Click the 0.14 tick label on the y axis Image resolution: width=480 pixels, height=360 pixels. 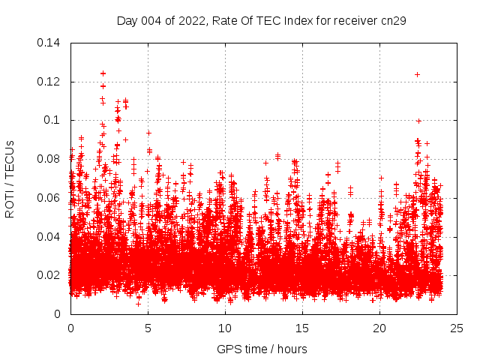click(x=49, y=43)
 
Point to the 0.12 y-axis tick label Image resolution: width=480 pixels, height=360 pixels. click(x=49, y=82)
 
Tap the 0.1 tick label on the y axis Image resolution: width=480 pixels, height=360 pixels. click(x=55, y=120)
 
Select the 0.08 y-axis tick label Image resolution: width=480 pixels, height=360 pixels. click(x=49, y=159)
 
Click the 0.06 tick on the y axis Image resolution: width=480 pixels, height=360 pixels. click(x=49, y=198)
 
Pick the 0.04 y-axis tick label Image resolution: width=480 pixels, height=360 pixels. click(x=49, y=236)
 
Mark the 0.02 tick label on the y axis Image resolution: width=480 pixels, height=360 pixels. click(x=49, y=275)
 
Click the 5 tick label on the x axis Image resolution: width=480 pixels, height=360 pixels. click(x=148, y=328)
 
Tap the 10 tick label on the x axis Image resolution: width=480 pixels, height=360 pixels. click(x=225, y=328)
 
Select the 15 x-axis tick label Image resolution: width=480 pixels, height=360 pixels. click(x=302, y=328)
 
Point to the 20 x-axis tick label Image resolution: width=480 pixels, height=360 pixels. click(x=379, y=328)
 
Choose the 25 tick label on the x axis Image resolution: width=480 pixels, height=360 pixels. click(x=457, y=328)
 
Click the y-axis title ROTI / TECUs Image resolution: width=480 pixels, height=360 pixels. click(x=10, y=178)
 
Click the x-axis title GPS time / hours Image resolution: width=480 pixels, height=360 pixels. click(x=262, y=349)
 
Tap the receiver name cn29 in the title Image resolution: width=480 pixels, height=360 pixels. click(x=393, y=21)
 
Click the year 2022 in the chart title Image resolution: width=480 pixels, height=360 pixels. click(x=194, y=21)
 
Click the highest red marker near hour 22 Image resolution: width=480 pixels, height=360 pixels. click(x=417, y=74)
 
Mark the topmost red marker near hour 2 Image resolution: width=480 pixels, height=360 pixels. click(x=103, y=73)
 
